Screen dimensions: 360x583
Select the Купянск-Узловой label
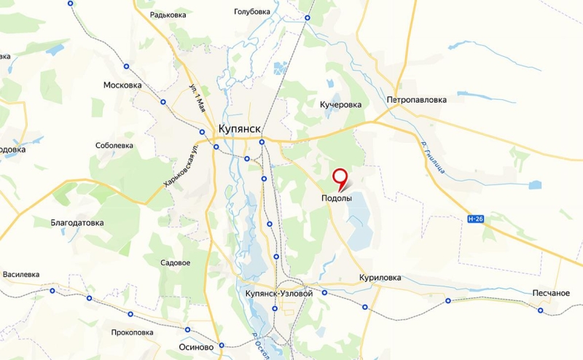[x=275, y=293]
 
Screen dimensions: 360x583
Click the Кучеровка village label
[x=340, y=105]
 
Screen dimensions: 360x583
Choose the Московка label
[x=122, y=85]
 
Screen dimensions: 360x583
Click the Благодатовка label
[x=77, y=223]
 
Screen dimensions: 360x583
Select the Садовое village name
[x=175, y=263]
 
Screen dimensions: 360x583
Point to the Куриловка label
[x=380, y=278]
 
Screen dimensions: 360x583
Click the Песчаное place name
[x=550, y=293]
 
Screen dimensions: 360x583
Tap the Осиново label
[x=195, y=348]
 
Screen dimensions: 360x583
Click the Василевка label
[x=21, y=275]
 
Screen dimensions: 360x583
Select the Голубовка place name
[x=252, y=12]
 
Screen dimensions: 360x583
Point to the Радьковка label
[x=167, y=15]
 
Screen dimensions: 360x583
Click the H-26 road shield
[x=475, y=218]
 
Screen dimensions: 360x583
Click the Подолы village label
[x=336, y=198]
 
